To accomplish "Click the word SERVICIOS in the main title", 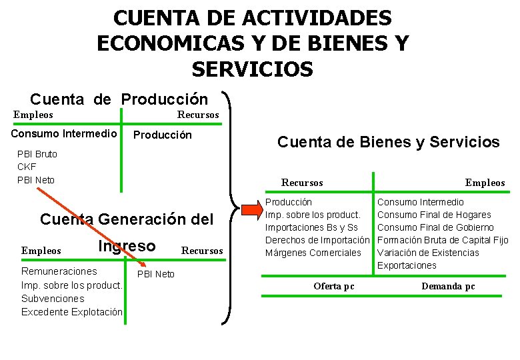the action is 252,69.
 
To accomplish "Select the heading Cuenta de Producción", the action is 119,100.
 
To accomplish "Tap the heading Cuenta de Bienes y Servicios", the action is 388,142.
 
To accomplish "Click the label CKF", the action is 27,167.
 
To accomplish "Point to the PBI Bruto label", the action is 37,154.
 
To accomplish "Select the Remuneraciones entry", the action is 59,271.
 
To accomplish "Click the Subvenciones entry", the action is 53,299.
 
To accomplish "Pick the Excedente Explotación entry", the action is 72,312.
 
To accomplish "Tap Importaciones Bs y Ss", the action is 311,227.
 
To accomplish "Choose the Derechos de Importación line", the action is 317,240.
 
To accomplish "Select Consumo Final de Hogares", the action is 434,215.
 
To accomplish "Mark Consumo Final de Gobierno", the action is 435,227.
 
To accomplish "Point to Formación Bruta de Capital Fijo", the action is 443,240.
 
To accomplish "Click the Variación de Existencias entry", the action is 428,253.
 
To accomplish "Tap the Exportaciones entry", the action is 407,265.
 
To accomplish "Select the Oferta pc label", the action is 334,287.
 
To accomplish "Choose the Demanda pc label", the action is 448,287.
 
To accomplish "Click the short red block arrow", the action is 252,209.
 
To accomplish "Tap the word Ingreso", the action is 127,247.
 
